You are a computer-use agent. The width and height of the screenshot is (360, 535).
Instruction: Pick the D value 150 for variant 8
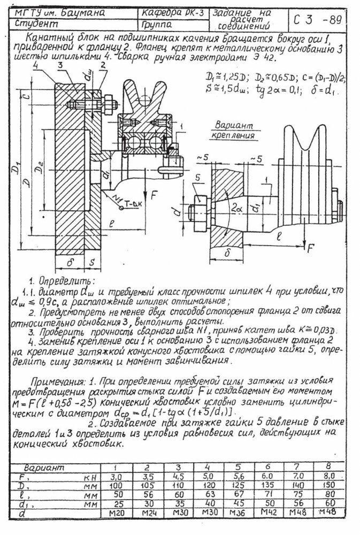point(328,485)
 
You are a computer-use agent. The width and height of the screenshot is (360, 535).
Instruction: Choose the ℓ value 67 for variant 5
point(237,494)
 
